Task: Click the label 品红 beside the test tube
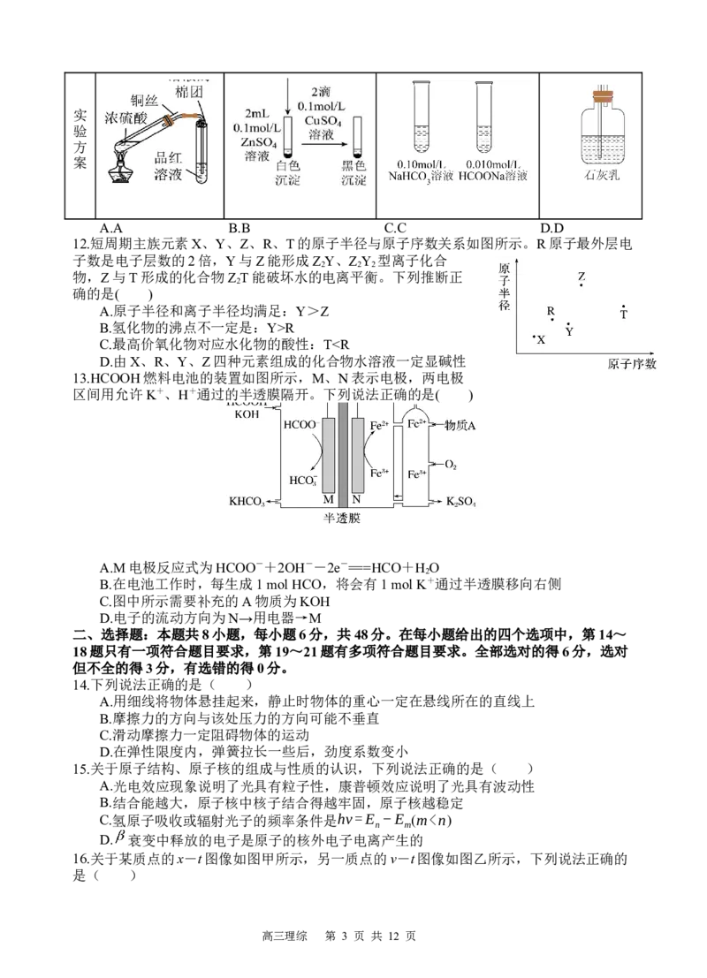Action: [x=168, y=158]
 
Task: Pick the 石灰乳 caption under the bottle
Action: [x=589, y=175]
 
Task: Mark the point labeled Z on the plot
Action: [x=581, y=284]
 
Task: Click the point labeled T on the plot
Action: [x=623, y=307]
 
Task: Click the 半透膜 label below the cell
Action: [x=342, y=519]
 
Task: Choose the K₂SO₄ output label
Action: [x=460, y=502]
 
